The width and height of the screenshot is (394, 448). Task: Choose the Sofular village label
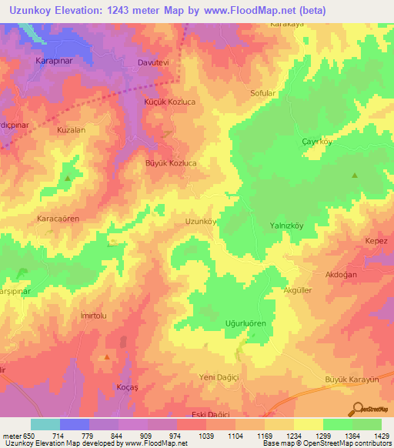click(263, 93)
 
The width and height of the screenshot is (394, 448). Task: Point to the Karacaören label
click(58, 219)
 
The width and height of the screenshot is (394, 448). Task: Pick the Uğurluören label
click(245, 324)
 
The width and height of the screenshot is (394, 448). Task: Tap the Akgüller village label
click(298, 290)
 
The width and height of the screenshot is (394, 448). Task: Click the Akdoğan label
click(342, 274)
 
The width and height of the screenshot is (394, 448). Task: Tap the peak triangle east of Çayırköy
click(355, 176)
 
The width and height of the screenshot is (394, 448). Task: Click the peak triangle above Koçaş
click(106, 357)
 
